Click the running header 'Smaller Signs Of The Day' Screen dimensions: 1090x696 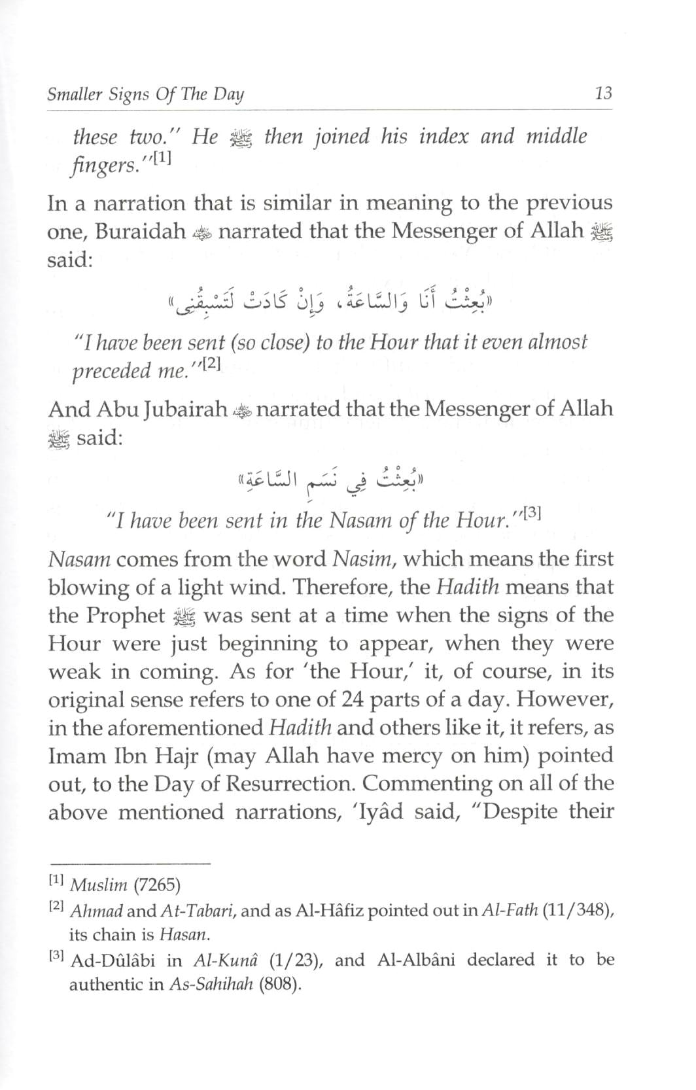pyautogui.click(x=145, y=94)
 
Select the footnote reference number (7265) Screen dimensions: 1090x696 pyautogui.click(x=156, y=886)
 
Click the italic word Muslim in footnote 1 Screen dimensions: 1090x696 pyautogui.click(x=98, y=886)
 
